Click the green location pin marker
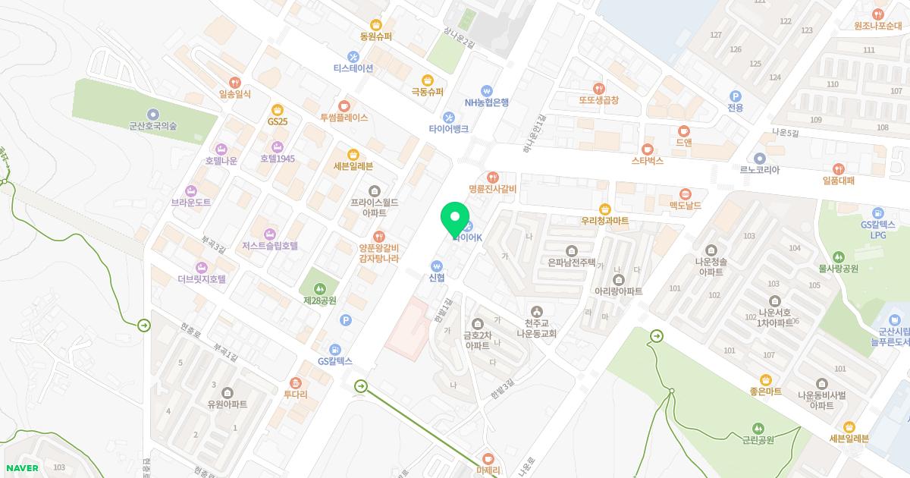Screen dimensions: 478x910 coord(455,219)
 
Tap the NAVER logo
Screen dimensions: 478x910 coord(21,467)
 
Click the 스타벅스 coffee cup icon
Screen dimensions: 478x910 coord(647,149)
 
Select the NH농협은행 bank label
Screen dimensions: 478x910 coord(487,102)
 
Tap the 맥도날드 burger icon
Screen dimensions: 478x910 coord(686,193)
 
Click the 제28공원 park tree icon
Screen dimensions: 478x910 coord(320,288)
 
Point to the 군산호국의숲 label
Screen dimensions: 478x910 coord(152,127)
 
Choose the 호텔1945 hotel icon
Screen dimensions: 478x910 coord(277,146)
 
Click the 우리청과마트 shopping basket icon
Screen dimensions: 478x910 coord(604,209)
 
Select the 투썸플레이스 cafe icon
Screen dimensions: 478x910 coord(344,105)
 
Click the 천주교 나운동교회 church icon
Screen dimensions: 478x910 coord(537,311)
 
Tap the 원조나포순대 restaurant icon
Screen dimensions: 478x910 coord(877,14)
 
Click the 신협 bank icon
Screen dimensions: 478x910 coord(436,266)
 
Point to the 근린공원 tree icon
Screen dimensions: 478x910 coord(758,429)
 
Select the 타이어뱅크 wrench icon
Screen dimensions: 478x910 coord(448,117)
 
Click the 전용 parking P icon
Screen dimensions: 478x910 coord(734,96)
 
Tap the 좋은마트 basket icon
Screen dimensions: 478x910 coord(765,379)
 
